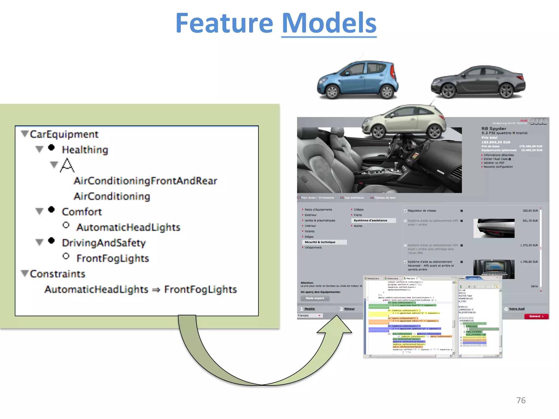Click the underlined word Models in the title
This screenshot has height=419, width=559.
(x=329, y=23)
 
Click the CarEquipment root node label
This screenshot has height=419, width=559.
(x=64, y=134)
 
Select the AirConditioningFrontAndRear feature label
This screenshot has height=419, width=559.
(x=145, y=181)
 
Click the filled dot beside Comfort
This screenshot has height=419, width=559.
(x=51, y=210)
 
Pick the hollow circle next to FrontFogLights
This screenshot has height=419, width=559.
(x=66, y=256)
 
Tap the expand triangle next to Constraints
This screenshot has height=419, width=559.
(x=25, y=273)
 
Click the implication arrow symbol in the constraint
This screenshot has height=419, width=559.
(x=156, y=290)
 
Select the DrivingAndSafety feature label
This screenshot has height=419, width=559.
(x=104, y=243)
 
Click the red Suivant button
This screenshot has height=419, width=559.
(x=536, y=316)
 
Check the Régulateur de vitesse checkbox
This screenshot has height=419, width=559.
(x=405, y=211)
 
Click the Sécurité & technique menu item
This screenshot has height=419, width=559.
(x=320, y=242)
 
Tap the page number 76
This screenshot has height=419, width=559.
(x=521, y=400)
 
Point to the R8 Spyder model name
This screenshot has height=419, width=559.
(x=494, y=128)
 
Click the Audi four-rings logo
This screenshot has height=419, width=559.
(x=538, y=121)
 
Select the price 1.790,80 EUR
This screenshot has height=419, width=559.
(x=529, y=262)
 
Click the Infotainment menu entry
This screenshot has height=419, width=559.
(x=313, y=248)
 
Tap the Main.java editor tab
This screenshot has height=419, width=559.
(x=410, y=279)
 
